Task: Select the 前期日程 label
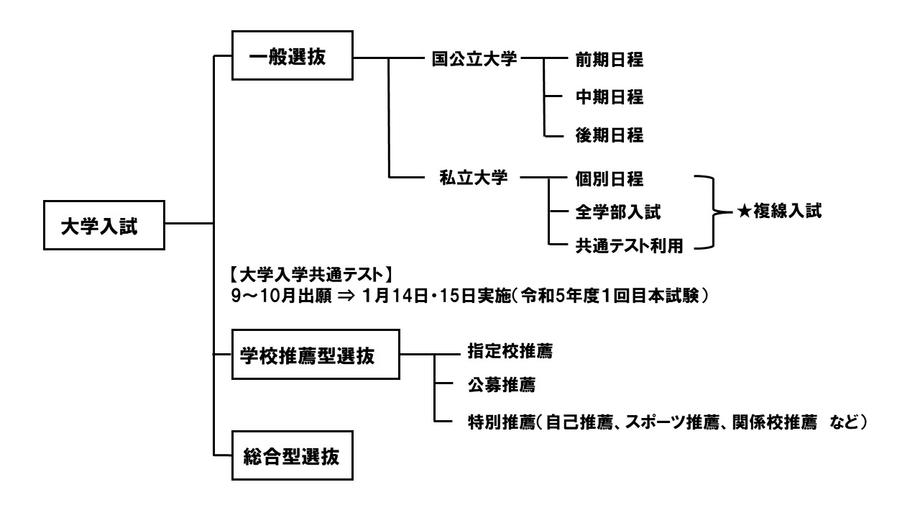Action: click(609, 60)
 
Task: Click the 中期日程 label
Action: click(609, 97)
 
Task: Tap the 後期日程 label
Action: click(609, 135)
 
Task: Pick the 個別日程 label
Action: click(609, 177)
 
